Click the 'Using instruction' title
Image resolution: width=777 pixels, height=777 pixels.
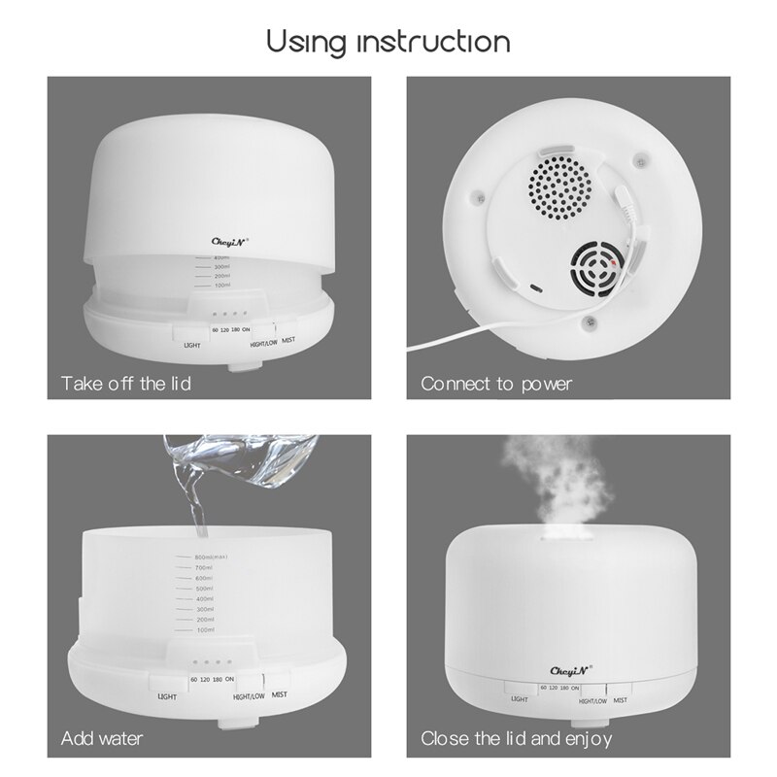388,42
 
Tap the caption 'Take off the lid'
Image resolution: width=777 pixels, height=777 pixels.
126,384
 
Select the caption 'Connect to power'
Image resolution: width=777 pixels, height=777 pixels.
496,384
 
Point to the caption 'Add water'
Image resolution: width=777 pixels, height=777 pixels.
102,739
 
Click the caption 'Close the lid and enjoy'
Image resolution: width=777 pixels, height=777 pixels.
516,739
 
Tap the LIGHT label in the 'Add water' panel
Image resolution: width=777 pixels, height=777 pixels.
167,696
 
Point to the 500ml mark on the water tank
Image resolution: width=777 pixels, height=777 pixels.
204,589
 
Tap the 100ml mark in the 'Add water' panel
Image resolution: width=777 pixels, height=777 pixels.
204,631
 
